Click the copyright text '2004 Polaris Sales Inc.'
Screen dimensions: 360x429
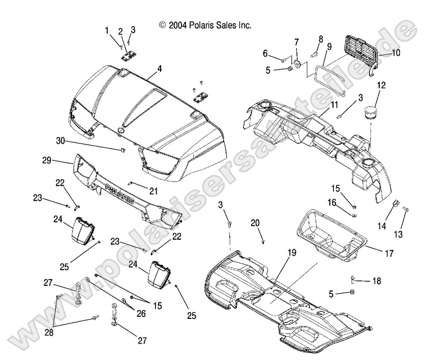[x=205, y=24]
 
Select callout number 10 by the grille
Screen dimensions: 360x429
[x=396, y=52]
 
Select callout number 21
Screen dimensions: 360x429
[x=152, y=190]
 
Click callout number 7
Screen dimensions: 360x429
[x=297, y=42]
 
